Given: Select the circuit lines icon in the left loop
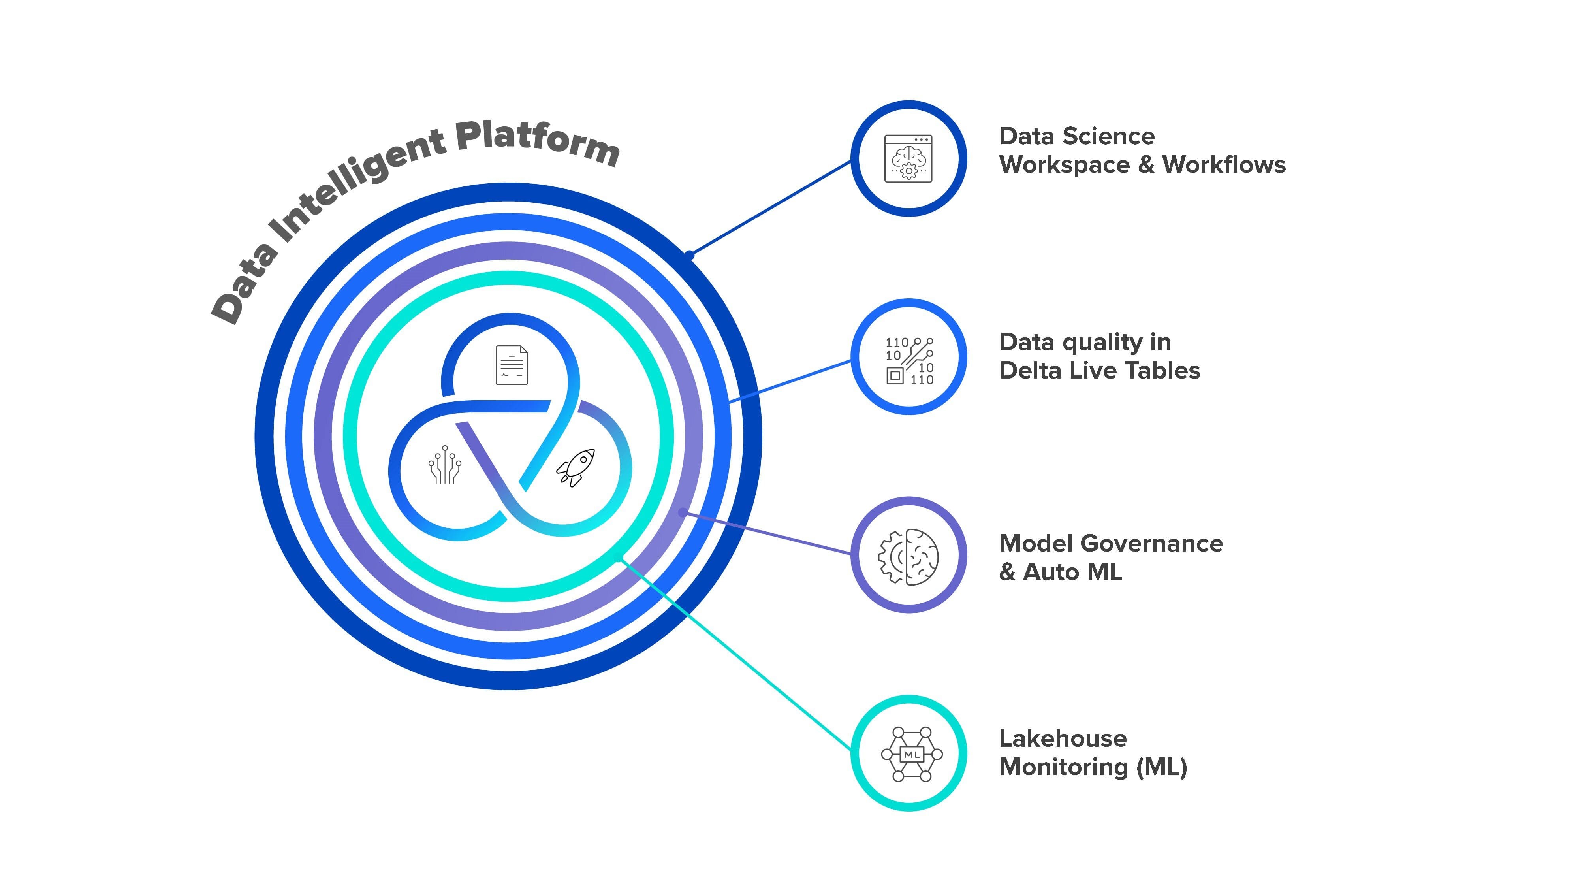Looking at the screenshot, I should [445, 465].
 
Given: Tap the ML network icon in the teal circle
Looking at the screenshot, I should [911, 754].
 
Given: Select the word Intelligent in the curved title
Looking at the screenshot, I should [356, 184].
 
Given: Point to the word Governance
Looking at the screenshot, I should [1151, 544].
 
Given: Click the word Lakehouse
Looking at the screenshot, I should [1062, 739].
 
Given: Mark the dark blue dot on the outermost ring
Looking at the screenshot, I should [689, 254].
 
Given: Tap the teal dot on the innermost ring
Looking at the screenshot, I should [619, 557].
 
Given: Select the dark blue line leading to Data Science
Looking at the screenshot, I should [770, 207].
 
